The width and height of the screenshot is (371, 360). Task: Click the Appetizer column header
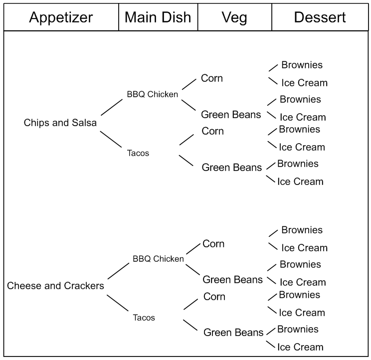pyautogui.click(x=61, y=17)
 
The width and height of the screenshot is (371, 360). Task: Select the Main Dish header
pyautogui.click(x=158, y=17)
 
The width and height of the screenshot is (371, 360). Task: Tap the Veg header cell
pyautogui.click(x=235, y=17)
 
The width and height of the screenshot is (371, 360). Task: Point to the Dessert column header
pyautogui.click(x=320, y=17)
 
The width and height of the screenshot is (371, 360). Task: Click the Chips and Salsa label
pyautogui.click(x=60, y=123)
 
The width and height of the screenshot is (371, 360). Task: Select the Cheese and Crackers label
pyautogui.click(x=55, y=286)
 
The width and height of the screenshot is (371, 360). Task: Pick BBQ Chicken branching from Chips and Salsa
pyautogui.click(x=152, y=94)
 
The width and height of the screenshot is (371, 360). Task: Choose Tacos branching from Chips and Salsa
pyautogui.click(x=138, y=153)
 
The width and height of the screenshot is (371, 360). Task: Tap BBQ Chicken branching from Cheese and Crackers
pyautogui.click(x=158, y=259)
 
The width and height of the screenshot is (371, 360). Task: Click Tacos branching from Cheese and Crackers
pyautogui.click(x=144, y=318)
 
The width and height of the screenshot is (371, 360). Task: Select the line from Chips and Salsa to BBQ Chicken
pyautogui.click(x=112, y=106)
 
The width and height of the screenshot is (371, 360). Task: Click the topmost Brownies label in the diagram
pyautogui.click(x=302, y=65)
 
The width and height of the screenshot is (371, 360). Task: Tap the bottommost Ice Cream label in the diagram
pyautogui.click(x=300, y=347)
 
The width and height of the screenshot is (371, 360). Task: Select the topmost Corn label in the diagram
pyautogui.click(x=212, y=78)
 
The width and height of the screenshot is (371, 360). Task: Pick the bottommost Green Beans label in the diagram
pyautogui.click(x=233, y=333)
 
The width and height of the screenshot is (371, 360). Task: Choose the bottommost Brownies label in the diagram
pyautogui.click(x=298, y=329)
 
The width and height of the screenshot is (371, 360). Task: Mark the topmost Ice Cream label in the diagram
pyautogui.click(x=304, y=83)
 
